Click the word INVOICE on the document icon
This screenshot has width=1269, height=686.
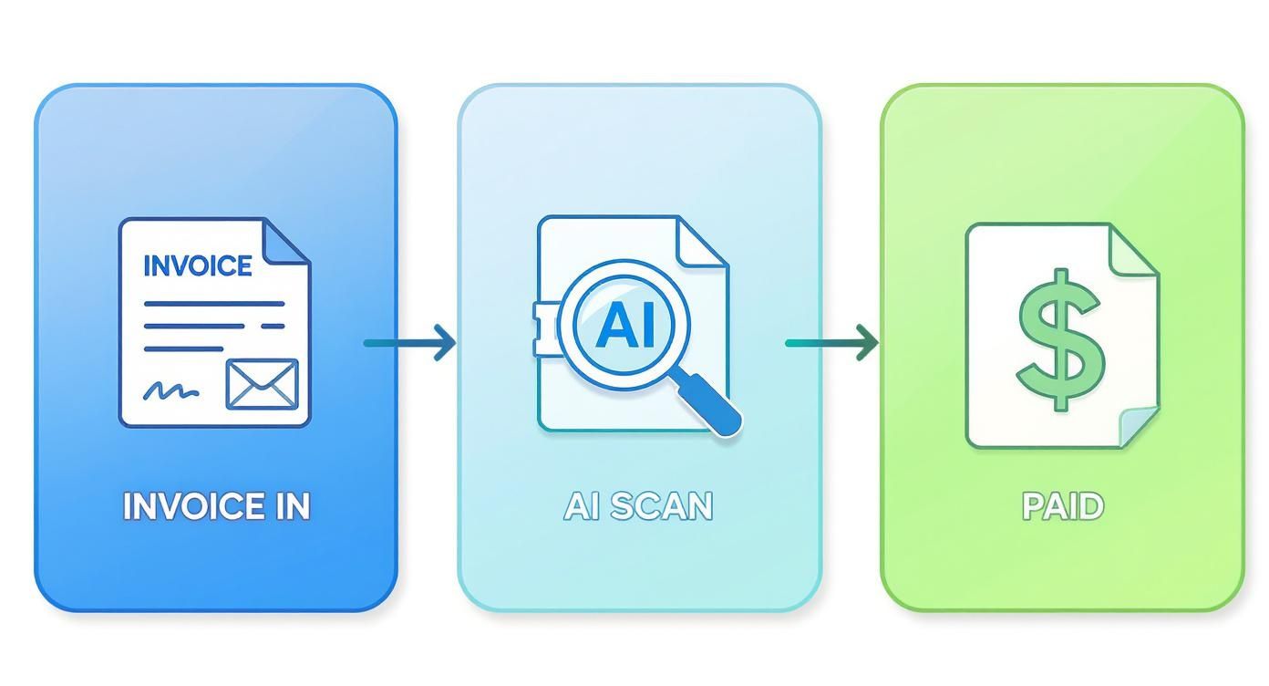tap(198, 265)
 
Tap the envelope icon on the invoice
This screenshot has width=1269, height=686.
tap(262, 383)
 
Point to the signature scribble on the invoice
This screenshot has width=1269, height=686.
tap(170, 391)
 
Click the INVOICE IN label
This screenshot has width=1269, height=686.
tap(216, 506)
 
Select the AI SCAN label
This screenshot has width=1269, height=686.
tap(638, 506)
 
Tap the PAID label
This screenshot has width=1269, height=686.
tap(1063, 506)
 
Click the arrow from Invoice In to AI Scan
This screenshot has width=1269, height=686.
tap(410, 343)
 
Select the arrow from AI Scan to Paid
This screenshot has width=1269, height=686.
tap(831, 343)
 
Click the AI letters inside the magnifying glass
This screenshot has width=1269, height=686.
tap(624, 326)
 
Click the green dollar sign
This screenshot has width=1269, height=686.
tap(1060, 338)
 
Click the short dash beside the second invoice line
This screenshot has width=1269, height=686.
tap(272, 326)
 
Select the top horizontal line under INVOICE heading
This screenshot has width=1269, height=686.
tap(214, 303)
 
